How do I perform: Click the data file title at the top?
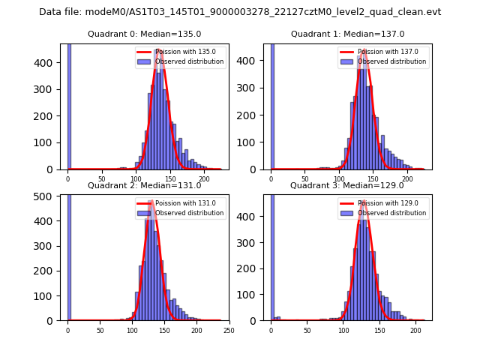(x=240, y=12)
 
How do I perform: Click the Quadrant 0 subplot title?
(x=144, y=34)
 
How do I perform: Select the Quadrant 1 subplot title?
(x=347, y=34)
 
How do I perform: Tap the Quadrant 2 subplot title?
(x=144, y=185)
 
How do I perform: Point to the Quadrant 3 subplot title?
(x=347, y=185)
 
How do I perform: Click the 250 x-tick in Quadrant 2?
(x=229, y=330)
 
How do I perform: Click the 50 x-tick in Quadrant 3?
(x=307, y=330)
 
